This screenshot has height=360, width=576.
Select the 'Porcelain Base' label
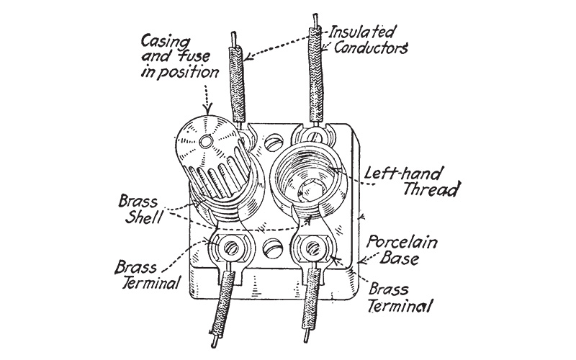tap(402, 248)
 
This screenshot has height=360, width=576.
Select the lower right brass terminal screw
tap(313, 249)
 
